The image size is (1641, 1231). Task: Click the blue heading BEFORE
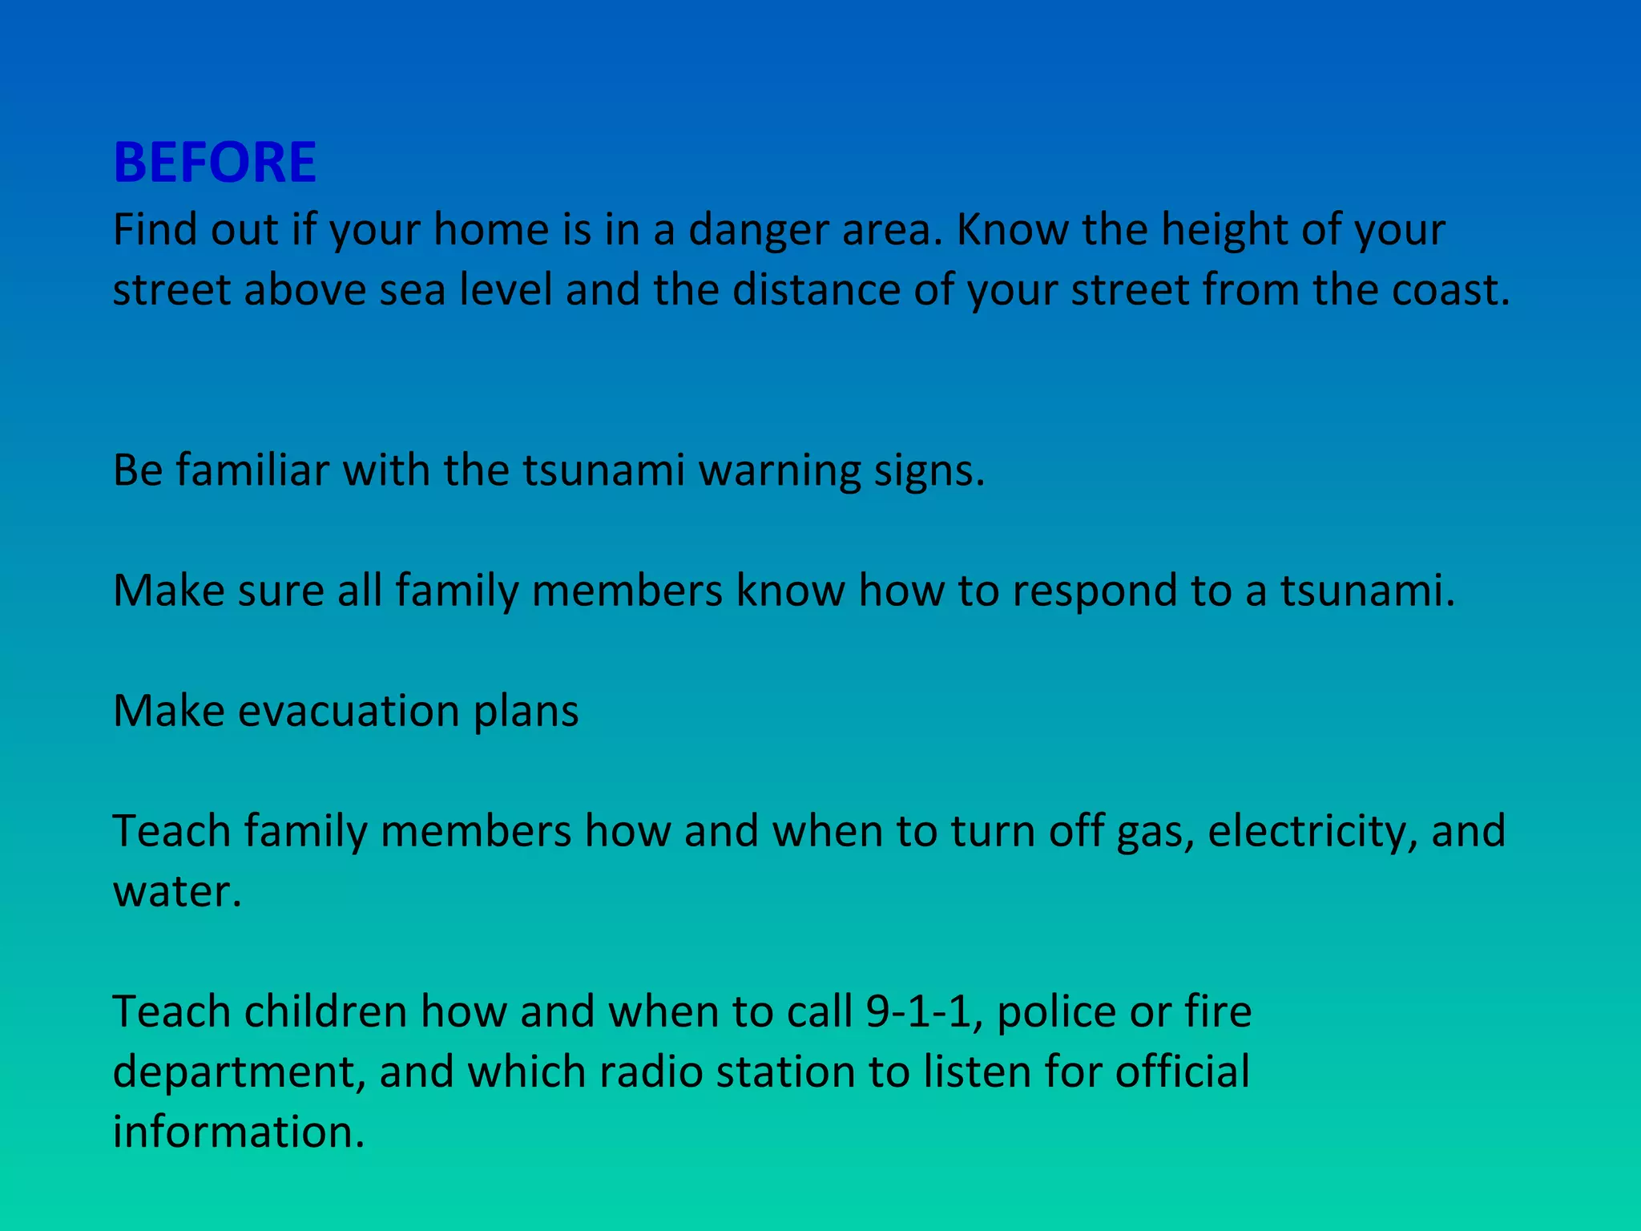(215, 163)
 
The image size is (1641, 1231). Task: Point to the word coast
(1449, 290)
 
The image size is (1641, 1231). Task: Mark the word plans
(526, 712)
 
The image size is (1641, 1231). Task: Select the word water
(176, 892)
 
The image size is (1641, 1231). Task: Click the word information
(238, 1132)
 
